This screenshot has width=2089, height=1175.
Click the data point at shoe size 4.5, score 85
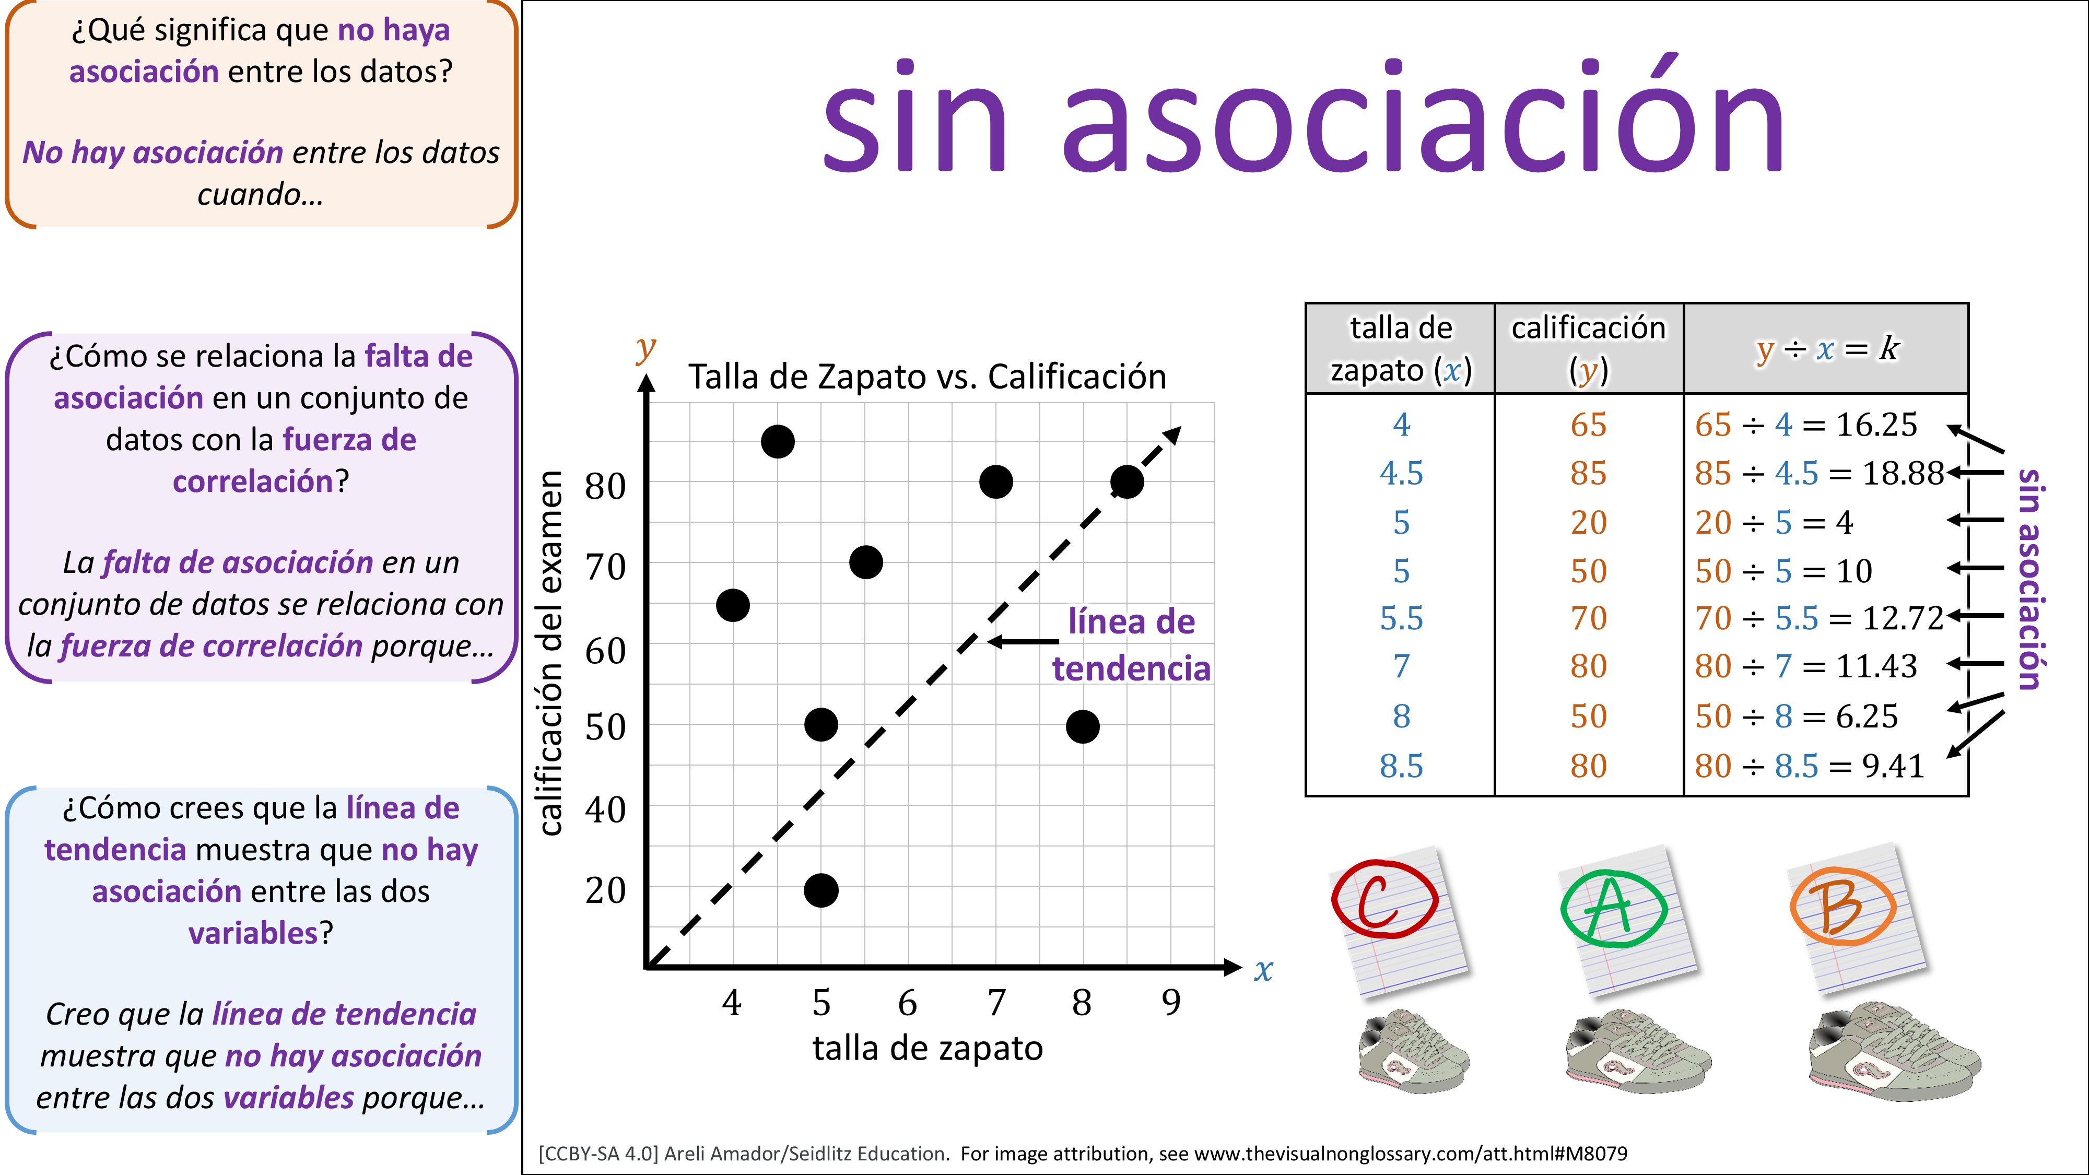(x=777, y=442)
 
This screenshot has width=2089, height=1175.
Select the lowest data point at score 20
(x=820, y=890)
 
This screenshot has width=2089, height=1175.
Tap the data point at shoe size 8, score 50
(x=1083, y=726)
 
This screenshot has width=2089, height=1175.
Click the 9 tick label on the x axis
(x=1171, y=1003)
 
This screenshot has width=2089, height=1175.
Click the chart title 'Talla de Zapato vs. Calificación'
(x=927, y=377)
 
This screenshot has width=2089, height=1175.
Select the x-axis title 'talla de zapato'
(x=927, y=1049)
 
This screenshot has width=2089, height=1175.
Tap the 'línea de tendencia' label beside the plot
(x=1131, y=644)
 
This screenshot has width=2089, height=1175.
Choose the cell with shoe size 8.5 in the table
(x=1401, y=766)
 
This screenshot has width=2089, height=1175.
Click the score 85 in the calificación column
(x=1588, y=474)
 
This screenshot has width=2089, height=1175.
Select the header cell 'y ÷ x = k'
(x=1826, y=349)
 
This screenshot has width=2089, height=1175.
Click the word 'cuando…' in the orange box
(x=260, y=195)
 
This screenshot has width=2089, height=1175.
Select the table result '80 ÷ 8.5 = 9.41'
(x=1809, y=766)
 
